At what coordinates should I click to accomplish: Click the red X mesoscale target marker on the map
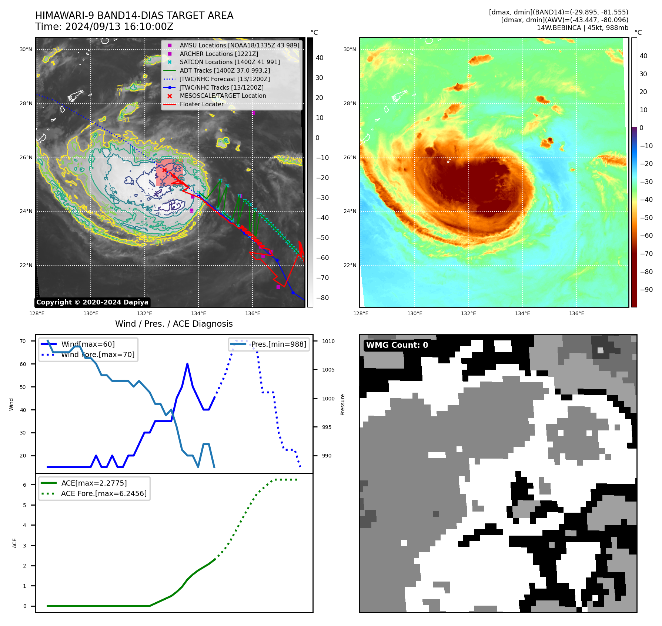(x=164, y=170)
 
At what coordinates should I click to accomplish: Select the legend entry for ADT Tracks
(x=225, y=70)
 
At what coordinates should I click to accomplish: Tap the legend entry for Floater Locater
(x=201, y=104)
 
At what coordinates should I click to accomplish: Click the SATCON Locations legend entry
(x=230, y=62)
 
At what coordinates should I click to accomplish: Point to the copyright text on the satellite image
(x=92, y=302)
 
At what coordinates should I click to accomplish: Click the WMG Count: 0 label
(x=397, y=345)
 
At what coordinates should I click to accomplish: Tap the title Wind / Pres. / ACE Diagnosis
(x=174, y=324)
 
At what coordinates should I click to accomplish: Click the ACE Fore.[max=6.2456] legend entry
(x=104, y=493)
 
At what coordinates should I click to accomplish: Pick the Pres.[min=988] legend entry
(x=278, y=344)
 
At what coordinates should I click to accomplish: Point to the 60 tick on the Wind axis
(x=23, y=364)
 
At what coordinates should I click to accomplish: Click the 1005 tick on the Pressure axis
(x=328, y=370)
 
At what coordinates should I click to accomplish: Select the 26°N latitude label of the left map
(x=26, y=158)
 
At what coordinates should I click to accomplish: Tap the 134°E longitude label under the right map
(x=522, y=314)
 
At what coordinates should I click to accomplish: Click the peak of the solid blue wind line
(x=187, y=364)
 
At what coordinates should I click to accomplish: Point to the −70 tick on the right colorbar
(x=646, y=254)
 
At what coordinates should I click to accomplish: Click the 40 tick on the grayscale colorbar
(x=320, y=58)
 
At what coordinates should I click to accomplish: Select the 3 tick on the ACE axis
(x=25, y=545)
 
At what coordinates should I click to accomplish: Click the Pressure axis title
(x=343, y=404)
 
